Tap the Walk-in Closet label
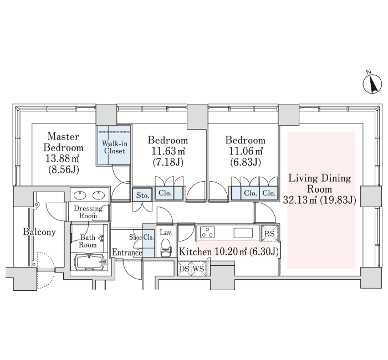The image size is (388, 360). click(x=114, y=147)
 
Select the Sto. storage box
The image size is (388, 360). click(x=142, y=195)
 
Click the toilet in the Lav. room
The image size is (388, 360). click(x=166, y=248)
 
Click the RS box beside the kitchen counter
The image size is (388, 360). click(x=269, y=233)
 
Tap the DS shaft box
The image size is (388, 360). click(x=185, y=269)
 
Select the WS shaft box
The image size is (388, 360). click(x=198, y=269)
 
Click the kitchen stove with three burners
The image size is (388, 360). click(x=207, y=233)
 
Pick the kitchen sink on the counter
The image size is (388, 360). click(x=243, y=233)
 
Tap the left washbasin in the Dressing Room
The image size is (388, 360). click(x=80, y=196)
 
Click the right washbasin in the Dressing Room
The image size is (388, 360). click(x=99, y=196)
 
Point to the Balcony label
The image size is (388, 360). click(x=39, y=232)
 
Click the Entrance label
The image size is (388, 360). click(x=127, y=253)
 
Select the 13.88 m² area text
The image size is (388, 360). click(x=62, y=158)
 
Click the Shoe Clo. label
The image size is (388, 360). click(x=141, y=238)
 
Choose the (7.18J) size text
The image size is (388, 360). click(x=168, y=162)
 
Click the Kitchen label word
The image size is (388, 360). click(x=195, y=251)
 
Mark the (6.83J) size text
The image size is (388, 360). click(x=245, y=162)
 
